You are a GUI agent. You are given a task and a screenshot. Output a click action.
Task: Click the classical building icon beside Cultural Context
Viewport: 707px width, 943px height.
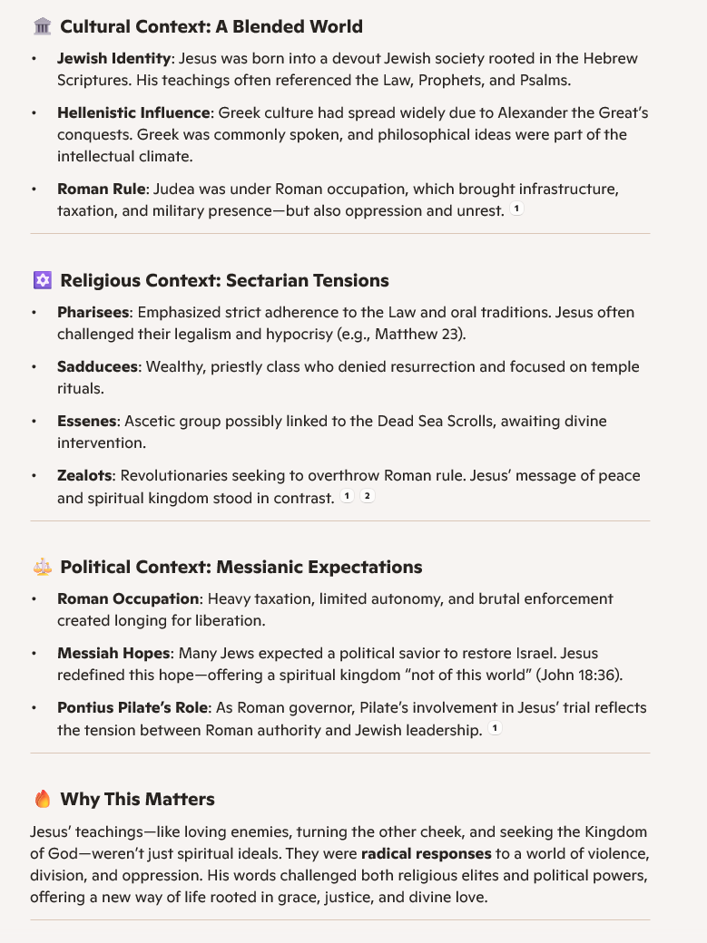click(x=42, y=26)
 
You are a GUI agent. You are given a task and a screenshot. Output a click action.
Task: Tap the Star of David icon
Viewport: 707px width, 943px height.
click(x=42, y=280)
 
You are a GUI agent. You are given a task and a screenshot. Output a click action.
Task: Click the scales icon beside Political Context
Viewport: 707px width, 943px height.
click(x=42, y=568)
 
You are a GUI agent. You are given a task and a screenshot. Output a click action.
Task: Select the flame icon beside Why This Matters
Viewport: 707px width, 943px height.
click(x=42, y=799)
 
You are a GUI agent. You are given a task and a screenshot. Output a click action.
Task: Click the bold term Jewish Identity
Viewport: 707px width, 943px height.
click(x=113, y=58)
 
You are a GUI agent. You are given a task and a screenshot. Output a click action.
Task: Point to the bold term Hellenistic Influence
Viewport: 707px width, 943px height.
click(x=133, y=113)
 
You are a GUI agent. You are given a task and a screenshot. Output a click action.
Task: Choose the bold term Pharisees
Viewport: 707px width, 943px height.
click(x=93, y=312)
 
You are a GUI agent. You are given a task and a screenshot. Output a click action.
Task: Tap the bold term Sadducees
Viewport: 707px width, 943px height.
click(x=97, y=366)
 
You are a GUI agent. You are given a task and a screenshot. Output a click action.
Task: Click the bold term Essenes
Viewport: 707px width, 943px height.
click(x=86, y=421)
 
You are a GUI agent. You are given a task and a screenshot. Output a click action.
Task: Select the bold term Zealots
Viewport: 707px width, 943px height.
click(x=84, y=475)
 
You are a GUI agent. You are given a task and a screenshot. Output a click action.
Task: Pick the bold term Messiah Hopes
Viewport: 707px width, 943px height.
click(x=113, y=653)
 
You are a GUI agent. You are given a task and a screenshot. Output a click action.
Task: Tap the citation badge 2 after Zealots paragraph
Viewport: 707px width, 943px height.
click(x=367, y=497)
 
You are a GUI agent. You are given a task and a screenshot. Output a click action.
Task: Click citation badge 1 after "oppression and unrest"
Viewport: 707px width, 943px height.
click(x=516, y=209)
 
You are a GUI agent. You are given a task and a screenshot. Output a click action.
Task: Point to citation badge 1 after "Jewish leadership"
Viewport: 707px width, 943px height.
click(x=495, y=729)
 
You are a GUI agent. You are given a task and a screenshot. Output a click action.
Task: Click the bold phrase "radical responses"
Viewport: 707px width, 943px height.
click(x=426, y=853)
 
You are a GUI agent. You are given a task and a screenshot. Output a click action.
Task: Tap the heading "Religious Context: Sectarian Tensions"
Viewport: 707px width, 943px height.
click(x=224, y=280)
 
